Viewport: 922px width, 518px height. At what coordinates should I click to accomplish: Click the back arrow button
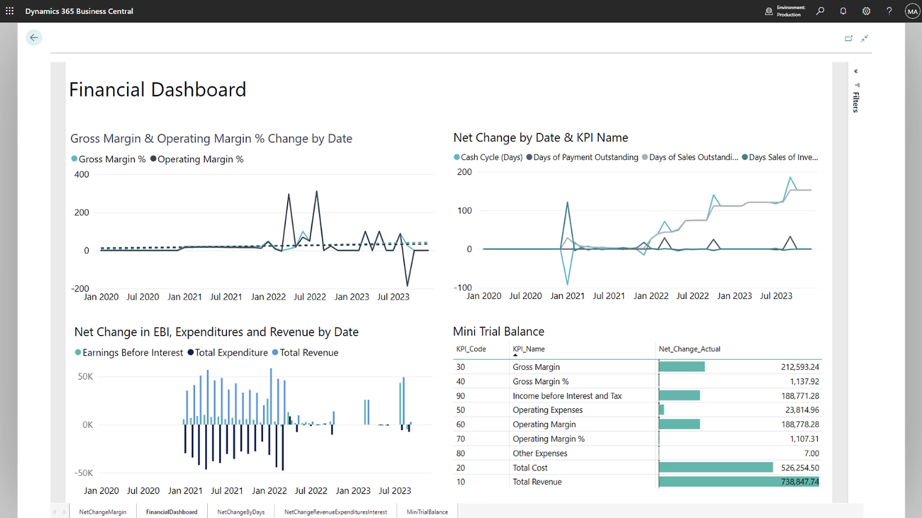coord(34,38)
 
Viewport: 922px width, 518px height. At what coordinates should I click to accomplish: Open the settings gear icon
coord(866,11)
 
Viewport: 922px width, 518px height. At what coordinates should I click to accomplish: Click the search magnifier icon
coord(820,11)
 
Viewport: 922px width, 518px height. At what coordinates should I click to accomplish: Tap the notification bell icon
coord(843,11)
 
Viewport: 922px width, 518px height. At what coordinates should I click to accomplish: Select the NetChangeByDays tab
coord(241,512)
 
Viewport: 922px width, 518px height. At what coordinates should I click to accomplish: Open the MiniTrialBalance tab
coord(427,512)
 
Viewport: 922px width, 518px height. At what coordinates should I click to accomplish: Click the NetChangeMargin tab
coord(103,512)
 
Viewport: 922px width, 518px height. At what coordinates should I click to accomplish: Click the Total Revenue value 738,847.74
coord(800,482)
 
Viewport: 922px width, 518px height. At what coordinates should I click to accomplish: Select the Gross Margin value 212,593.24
coord(800,367)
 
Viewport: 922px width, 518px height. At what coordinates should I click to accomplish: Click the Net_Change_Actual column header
coord(689,349)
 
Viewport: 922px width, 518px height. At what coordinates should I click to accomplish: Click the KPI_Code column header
coord(471,349)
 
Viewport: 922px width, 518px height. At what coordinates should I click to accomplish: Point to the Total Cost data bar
coord(716,468)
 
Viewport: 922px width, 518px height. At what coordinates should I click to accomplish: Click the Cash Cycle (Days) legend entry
coord(491,157)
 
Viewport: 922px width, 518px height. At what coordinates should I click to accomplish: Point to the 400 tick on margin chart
coord(82,174)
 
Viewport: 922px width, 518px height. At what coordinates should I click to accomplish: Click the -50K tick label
coord(84,473)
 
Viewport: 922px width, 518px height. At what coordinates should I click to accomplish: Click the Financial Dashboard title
coord(157,90)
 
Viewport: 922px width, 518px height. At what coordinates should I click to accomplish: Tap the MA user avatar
coord(912,11)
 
